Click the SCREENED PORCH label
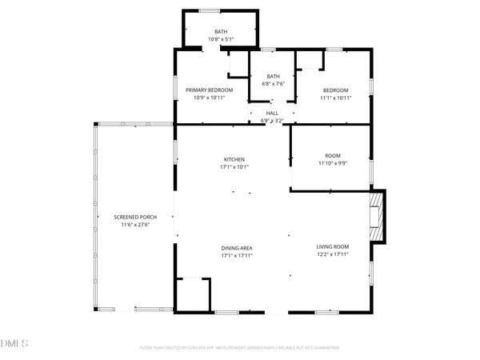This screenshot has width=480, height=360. click(134, 218)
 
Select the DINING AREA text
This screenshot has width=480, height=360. click(237, 248)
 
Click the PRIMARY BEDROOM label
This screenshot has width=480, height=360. click(209, 90)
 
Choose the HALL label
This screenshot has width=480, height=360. click(273, 114)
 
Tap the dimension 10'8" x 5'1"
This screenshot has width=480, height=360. click(220, 39)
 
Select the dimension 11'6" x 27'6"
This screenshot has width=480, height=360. click(134, 226)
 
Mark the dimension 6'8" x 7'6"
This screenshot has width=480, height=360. click(274, 83)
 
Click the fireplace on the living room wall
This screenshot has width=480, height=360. click(377, 216)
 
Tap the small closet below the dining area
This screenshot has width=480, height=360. click(192, 294)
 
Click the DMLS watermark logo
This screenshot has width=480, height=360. click(14, 345)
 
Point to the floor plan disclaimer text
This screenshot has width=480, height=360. click(239, 348)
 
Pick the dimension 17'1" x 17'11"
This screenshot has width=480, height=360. click(237, 256)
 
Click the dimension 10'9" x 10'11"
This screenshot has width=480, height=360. click(209, 98)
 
